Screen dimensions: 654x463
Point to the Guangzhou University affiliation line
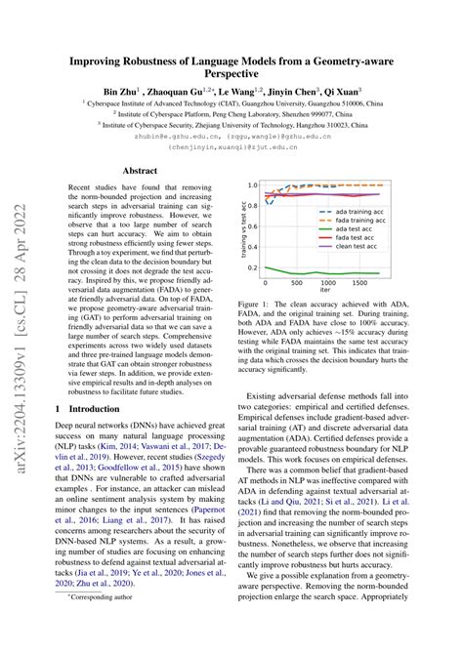244,112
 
